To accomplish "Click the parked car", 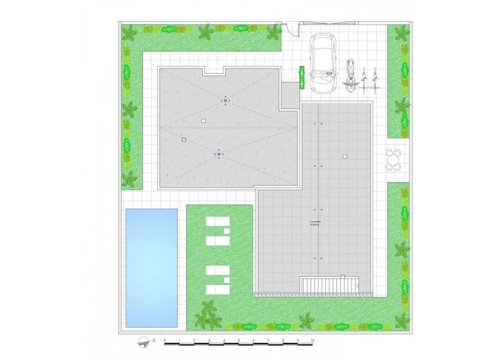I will tap(324, 63).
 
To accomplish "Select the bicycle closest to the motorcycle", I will tap(365, 81).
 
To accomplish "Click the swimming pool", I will tap(151, 267).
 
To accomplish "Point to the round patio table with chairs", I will tap(395, 159).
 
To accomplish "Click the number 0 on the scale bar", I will tap(165, 340).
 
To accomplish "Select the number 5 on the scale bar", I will tap(238, 340).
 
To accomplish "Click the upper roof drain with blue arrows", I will tap(226, 101).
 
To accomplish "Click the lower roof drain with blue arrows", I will tap(219, 154).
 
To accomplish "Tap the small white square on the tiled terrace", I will tap(345, 156).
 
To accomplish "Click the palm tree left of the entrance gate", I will tap(272, 33).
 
